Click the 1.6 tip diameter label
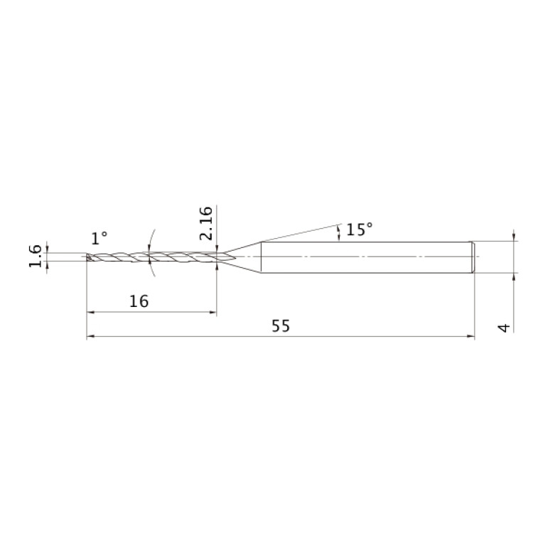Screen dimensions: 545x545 [35, 257]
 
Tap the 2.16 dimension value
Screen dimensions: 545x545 [206, 223]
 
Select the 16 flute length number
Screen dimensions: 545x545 [139, 301]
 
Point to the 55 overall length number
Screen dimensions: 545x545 [281, 326]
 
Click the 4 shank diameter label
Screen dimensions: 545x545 [504, 328]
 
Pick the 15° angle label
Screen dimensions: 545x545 [360, 230]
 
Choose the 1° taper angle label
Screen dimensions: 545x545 [99, 239]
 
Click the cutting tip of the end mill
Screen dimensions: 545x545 [87, 257]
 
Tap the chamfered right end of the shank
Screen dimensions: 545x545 [473, 257]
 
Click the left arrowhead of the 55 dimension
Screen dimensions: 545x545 [90, 337]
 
